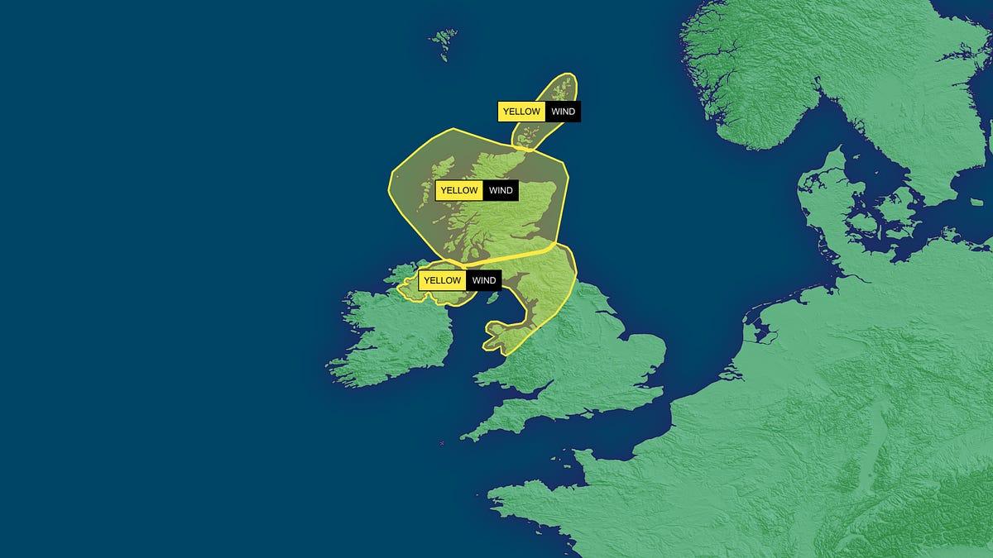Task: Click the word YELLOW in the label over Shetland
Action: (x=521, y=112)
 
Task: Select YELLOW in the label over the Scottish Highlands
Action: (x=459, y=191)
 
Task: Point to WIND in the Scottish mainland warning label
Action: (x=501, y=191)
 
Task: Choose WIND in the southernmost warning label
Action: (x=483, y=280)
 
